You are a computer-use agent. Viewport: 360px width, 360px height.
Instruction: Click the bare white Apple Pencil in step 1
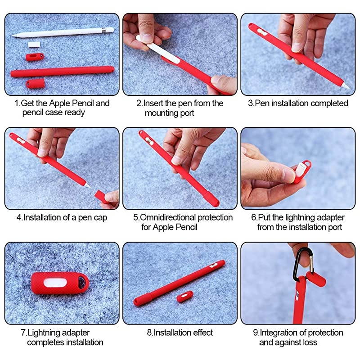(63, 32)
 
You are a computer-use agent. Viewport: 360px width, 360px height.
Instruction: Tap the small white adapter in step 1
(34, 44)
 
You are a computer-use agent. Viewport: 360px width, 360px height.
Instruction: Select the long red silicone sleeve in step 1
(63, 72)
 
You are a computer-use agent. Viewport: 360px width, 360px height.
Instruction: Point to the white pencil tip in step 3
(346, 86)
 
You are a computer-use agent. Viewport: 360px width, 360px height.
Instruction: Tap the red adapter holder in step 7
(60, 283)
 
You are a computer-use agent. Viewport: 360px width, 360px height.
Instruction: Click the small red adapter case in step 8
(185, 297)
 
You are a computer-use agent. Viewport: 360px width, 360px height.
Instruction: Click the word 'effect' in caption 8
(203, 333)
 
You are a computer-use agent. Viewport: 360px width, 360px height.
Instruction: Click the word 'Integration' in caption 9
(279, 333)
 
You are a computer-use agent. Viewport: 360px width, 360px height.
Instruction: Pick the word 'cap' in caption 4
(100, 218)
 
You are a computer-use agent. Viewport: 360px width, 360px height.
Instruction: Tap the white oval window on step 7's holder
(55, 283)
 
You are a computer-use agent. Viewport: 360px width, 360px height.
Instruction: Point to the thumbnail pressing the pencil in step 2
(147, 38)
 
